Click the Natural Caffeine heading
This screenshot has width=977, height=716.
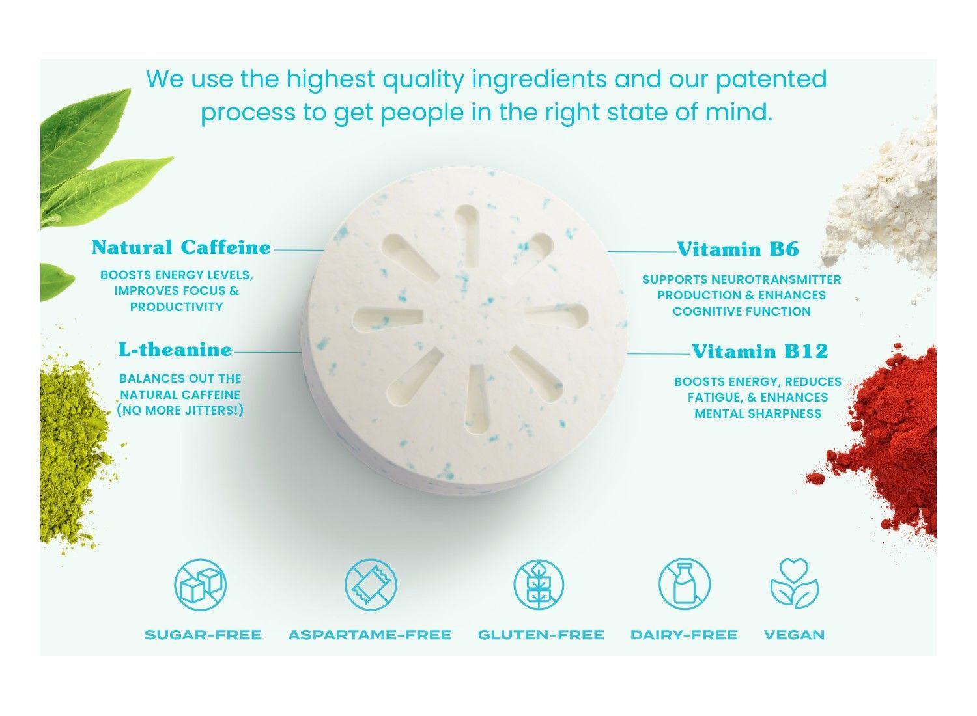point(181,247)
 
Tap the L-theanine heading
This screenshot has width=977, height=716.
point(175,350)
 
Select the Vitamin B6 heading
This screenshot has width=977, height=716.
point(738,249)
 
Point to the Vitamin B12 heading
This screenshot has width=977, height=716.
point(759,351)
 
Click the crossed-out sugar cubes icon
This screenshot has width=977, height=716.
point(200,583)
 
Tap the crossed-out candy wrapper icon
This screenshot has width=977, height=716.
point(370,583)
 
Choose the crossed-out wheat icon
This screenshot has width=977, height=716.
point(538,583)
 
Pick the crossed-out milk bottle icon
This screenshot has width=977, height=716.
point(683,583)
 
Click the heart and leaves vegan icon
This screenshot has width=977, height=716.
point(794,583)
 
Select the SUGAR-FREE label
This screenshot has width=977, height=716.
point(203,635)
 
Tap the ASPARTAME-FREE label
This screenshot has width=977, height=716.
point(369,635)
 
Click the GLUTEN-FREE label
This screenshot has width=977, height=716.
point(541,635)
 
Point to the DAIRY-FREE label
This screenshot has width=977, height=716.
point(684,635)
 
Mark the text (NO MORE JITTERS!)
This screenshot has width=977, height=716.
point(180,411)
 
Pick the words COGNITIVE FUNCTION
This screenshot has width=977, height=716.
point(741,311)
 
